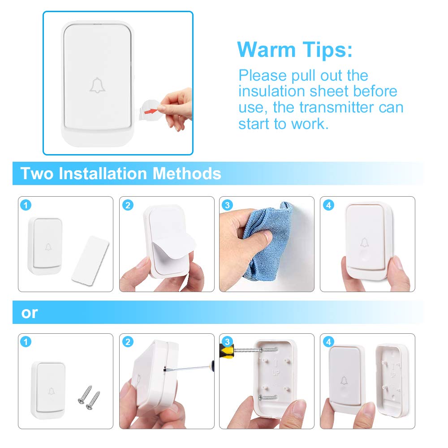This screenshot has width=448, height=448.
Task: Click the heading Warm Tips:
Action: [x=295, y=50]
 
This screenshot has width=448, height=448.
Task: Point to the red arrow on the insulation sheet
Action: [x=152, y=108]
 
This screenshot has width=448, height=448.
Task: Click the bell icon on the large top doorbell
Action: [x=97, y=85]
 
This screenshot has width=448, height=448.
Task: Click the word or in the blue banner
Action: [x=30, y=313]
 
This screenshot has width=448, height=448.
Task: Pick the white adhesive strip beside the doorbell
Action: [x=90, y=259]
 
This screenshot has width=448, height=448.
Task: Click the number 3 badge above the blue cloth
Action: [x=228, y=206]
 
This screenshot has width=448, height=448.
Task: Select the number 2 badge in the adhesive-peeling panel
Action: [x=128, y=206]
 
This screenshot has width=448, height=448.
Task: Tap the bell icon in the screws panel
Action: [x=51, y=390]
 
